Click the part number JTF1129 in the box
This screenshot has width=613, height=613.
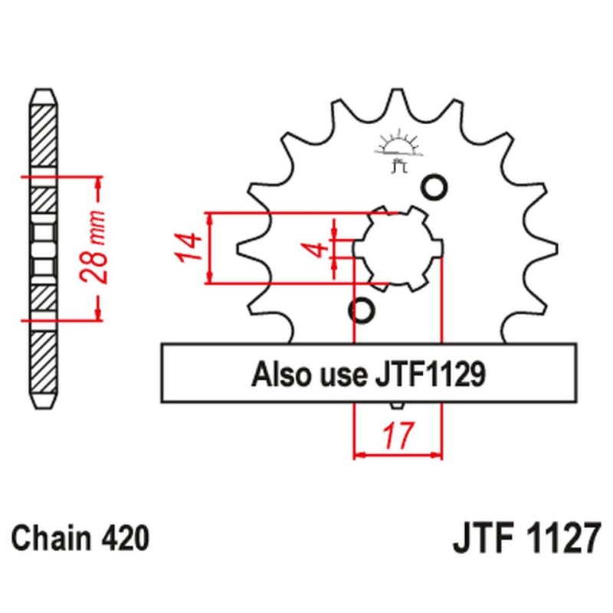tap(429, 375)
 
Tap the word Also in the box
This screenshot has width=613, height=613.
tap(279, 375)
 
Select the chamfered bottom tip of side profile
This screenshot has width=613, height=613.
tap(43, 403)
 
